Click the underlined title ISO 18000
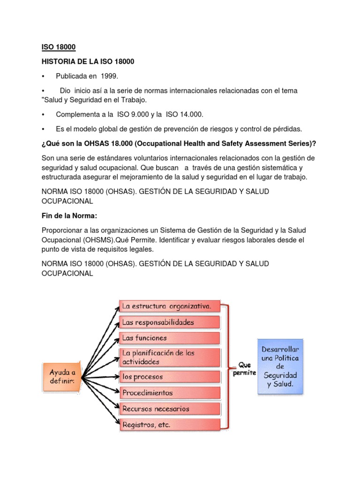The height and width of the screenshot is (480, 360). (x=59, y=47)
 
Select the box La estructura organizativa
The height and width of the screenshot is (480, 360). (x=170, y=307)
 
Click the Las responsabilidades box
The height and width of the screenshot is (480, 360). (x=170, y=322)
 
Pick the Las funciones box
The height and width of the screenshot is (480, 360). (x=170, y=338)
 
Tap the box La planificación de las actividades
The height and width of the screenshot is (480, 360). (x=170, y=357)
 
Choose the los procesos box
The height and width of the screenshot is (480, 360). (x=170, y=377)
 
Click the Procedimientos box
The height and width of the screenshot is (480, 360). (x=170, y=393)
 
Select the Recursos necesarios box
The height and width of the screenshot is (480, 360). (x=170, y=409)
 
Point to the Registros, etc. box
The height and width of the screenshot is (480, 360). (x=170, y=425)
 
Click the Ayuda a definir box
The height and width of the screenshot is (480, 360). (x=62, y=375)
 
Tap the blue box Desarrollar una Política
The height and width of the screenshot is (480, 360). (x=280, y=367)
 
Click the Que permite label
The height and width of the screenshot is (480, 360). (x=244, y=368)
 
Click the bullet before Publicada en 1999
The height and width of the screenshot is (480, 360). (x=43, y=76)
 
